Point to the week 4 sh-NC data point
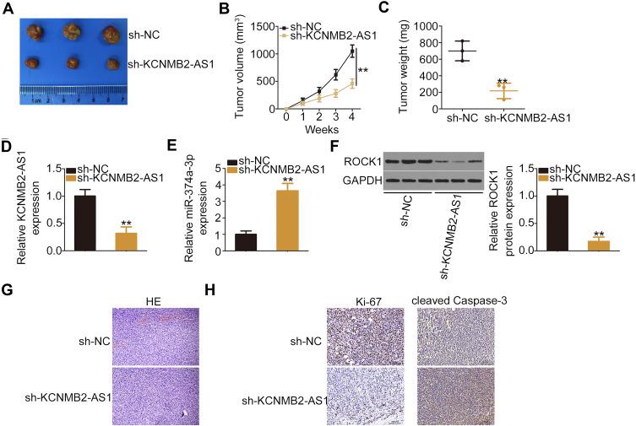(352, 51)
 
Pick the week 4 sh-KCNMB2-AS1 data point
(352, 83)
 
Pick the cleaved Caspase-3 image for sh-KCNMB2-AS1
(455, 393)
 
